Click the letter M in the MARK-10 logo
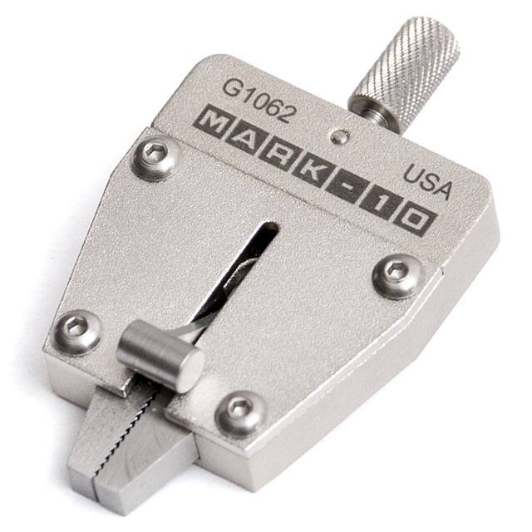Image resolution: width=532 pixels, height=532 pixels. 214,125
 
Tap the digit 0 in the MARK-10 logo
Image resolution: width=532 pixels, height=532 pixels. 413,220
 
